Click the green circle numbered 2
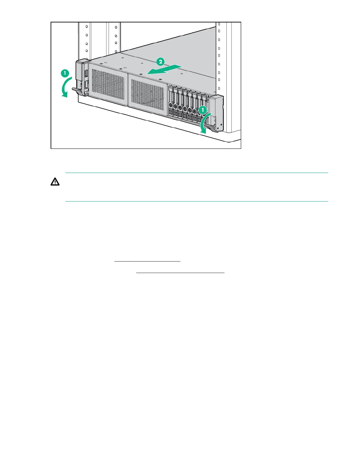(160, 62)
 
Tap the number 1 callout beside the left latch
(65, 73)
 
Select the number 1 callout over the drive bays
(202, 110)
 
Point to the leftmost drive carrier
(171, 103)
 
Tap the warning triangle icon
(55, 182)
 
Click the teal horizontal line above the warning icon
(196, 173)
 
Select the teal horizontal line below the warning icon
(196, 202)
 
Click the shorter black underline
(147, 261)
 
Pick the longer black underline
(180, 273)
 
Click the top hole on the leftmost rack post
(86, 26)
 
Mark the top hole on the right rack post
(219, 24)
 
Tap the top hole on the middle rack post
(116, 27)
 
